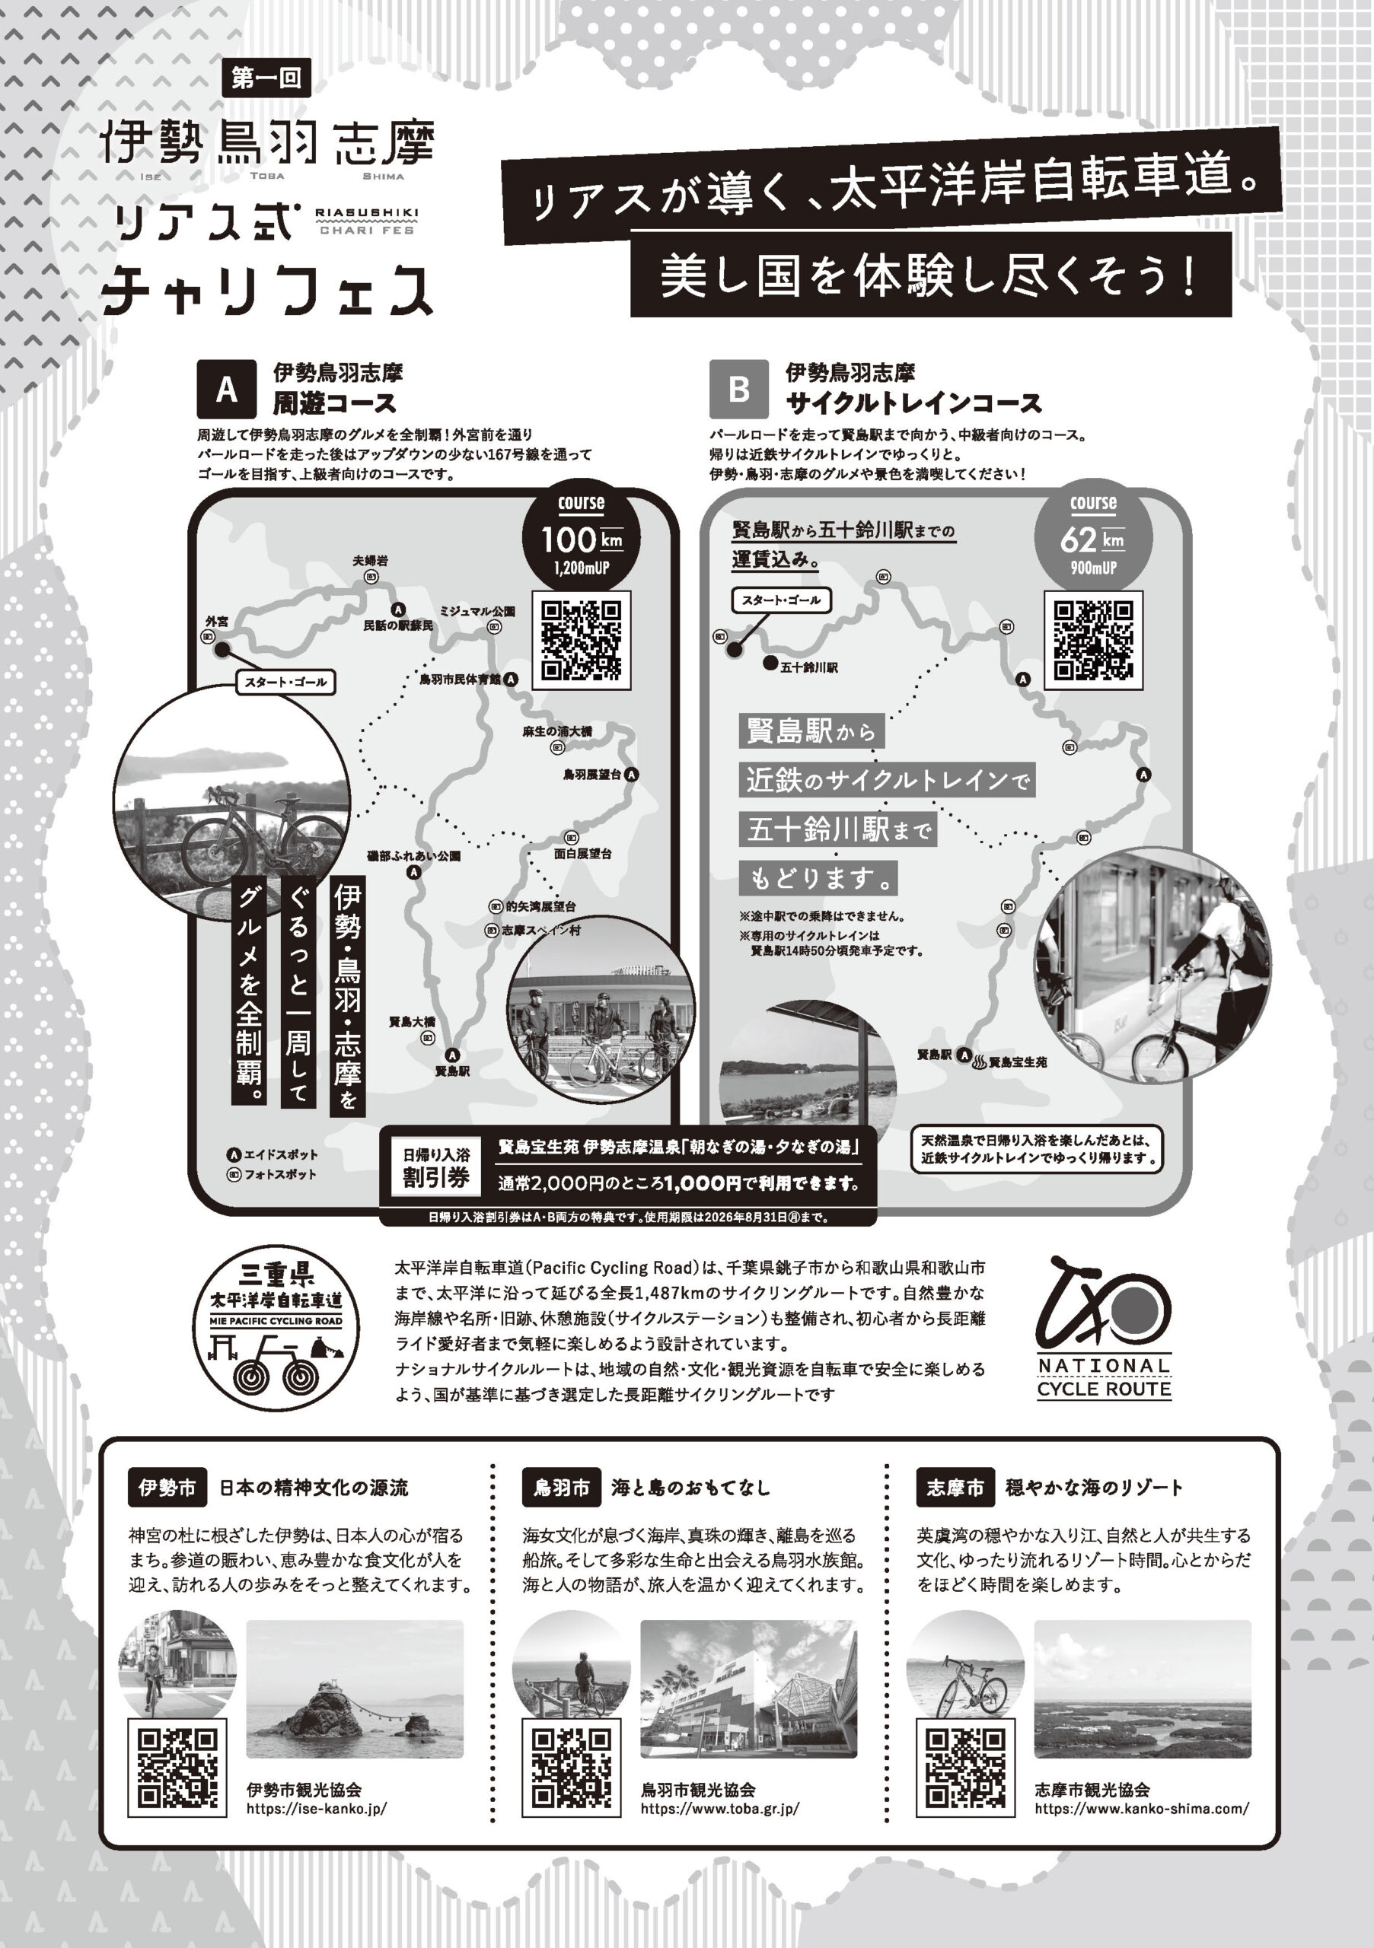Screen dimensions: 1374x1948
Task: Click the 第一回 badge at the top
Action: [266, 78]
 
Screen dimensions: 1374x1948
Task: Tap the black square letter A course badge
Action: [227, 390]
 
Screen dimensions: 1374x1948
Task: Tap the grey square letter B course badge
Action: [739, 390]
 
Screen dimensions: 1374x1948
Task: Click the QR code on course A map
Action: [582, 641]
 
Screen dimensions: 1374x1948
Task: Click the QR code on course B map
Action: [1094, 641]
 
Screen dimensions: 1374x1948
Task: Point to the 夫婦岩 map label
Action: [370, 561]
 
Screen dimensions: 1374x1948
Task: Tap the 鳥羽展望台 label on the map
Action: [592, 775]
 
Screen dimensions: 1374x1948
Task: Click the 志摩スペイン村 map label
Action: [540, 931]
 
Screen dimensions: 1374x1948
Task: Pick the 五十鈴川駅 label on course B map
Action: [808, 667]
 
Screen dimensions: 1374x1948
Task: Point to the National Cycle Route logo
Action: [1103, 1327]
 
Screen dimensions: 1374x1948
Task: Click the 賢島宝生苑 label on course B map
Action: [1018, 1062]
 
